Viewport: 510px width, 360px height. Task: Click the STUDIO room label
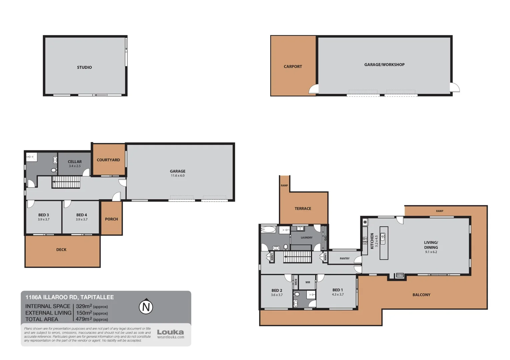pyautogui.click(x=84, y=67)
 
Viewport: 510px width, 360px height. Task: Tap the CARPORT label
pyautogui.click(x=293, y=67)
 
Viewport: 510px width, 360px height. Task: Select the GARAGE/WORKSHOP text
pyautogui.click(x=384, y=65)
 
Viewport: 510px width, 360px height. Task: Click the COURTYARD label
pyautogui.click(x=108, y=160)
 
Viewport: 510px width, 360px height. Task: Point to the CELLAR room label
pyautogui.click(x=75, y=162)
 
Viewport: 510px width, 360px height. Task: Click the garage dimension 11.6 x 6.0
pyautogui.click(x=177, y=176)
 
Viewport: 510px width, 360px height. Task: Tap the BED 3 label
pyautogui.click(x=44, y=215)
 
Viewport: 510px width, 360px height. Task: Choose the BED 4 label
pyautogui.click(x=82, y=215)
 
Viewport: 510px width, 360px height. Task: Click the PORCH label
pyautogui.click(x=111, y=219)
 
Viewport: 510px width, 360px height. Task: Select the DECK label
pyautogui.click(x=61, y=250)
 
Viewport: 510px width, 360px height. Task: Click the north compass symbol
pyautogui.click(x=146, y=307)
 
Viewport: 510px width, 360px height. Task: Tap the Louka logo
pyautogui.click(x=170, y=332)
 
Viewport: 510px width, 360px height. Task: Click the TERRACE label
pyautogui.click(x=303, y=209)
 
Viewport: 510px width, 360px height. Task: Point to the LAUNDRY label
pyautogui.click(x=307, y=238)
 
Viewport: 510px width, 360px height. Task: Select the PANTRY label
pyautogui.click(x=345, y=259)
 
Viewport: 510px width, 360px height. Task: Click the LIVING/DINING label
pyautogui.click(x=431, y=245)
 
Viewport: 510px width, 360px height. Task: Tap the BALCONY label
pyautogui.click(x=421, y=295)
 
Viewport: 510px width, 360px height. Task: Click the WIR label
pyautogui.click(x=308, y=282)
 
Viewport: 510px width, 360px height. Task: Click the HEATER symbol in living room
pyautogui.click(x=400, y=275)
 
